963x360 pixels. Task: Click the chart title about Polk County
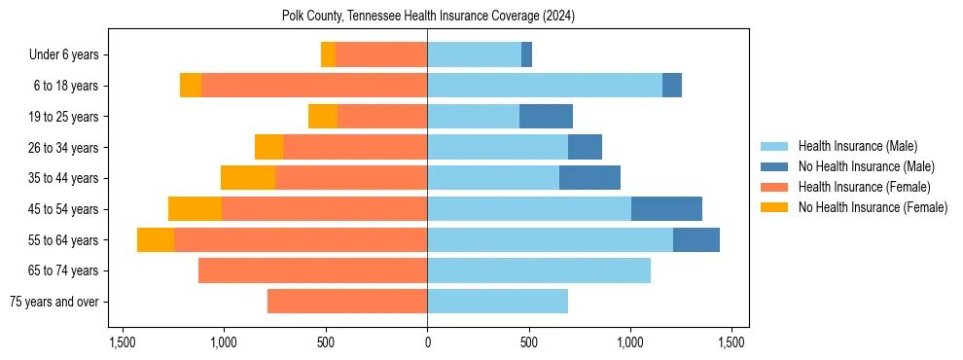pyautogui.click(x=428, y=16)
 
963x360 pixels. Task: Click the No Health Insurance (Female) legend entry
pyautogui.click(x=873, y=207)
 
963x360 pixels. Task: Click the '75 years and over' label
pyautogui.click(x=53, y=302)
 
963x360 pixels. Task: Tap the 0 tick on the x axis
pyautogui.click(x=427, y=342)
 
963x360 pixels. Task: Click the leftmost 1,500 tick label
pyautogui.click(x=123, y=342)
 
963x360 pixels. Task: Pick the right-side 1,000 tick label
pyautogui.click(x=630, y=342)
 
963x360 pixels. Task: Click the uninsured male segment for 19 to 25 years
pyautogui.click(x=546, y=117)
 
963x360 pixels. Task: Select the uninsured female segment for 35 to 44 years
pyautogui.click(x=248, y=178)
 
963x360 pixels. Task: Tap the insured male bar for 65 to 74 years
pyautogui.click(x=539, y=270)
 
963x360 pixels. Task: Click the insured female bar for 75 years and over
pyautogui.click(x=347, y=302)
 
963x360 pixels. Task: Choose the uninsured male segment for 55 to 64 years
pyautogui.click(x=696, y=239)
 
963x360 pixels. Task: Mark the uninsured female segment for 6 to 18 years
pyautogui.click(x=191, y=86)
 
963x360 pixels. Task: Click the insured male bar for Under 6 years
pyautogui.click(x=474, y=55)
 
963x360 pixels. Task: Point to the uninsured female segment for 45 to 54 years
pyautogui.click(x=195, y=209)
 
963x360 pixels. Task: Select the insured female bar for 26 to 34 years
pyautogui.click(x=355, y=147)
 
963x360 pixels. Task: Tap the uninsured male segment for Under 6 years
pyautogui.click(x=526, y=55)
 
